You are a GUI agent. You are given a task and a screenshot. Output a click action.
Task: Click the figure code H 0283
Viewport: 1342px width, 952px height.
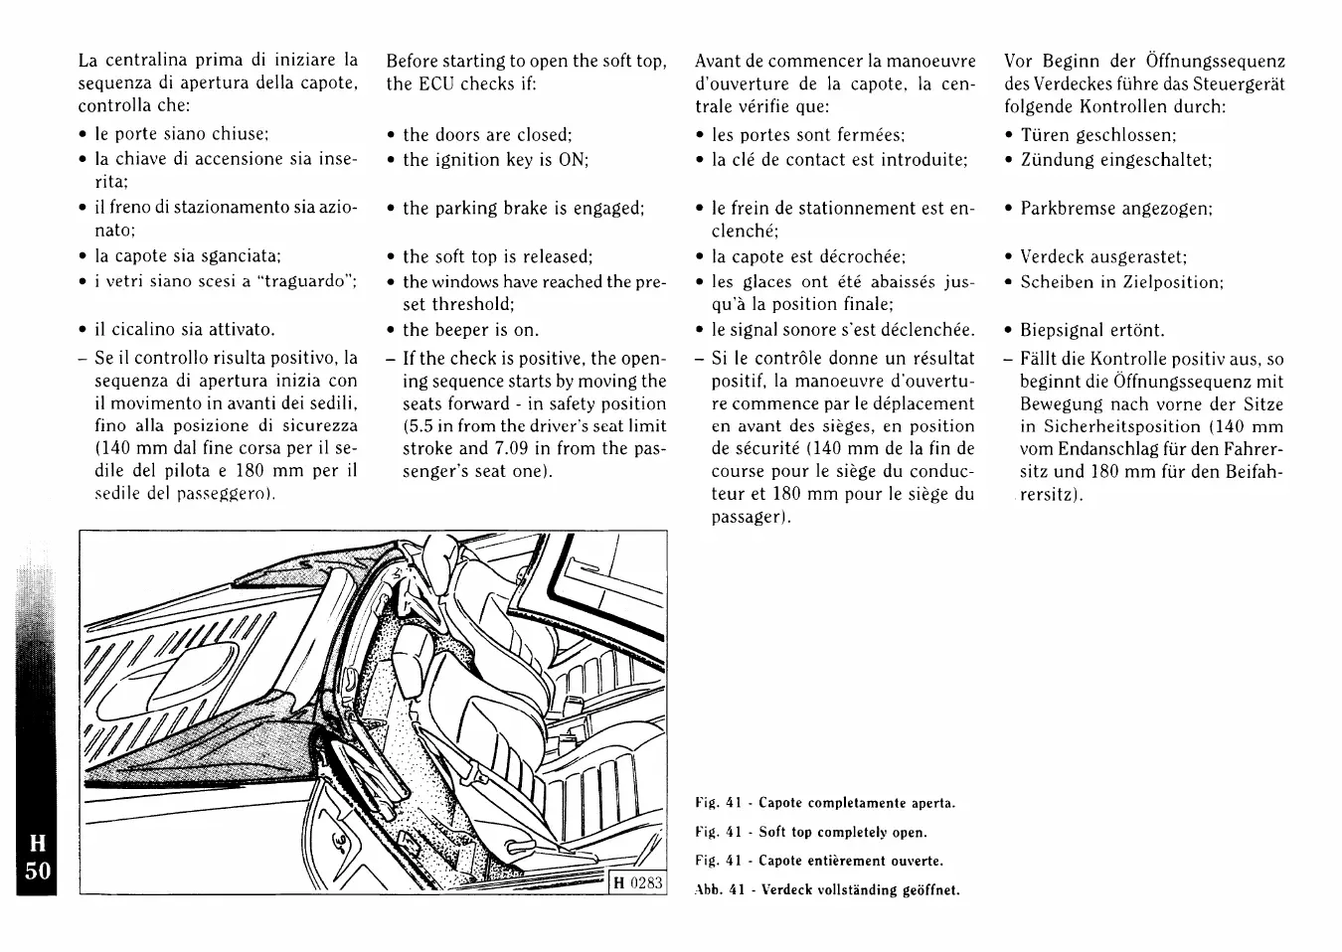(x=637, y=883)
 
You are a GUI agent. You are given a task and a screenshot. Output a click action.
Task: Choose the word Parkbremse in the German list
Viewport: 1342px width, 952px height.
(x=1067, y=209)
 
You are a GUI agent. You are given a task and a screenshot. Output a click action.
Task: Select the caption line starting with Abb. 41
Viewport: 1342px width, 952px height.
(x=828, y=889)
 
